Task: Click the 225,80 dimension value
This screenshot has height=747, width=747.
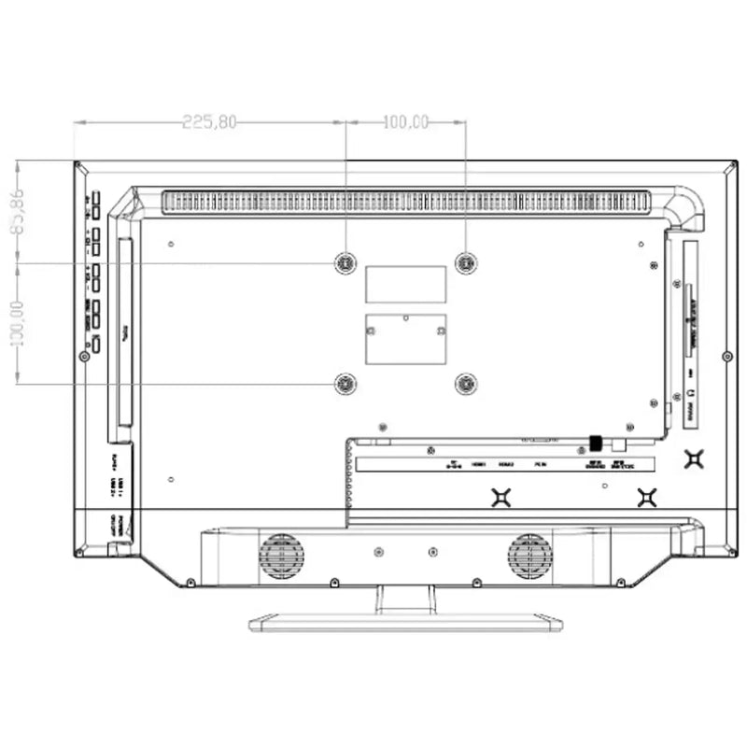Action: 210,121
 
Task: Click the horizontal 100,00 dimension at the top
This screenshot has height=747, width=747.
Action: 406,121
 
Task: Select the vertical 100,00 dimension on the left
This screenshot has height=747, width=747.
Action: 17,322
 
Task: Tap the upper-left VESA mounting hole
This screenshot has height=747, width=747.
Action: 345,264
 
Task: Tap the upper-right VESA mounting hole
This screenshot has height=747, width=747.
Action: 465,264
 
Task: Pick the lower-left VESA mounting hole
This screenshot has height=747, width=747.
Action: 345,382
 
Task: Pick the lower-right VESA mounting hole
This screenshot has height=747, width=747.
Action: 465,382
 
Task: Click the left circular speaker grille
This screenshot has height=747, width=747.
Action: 281,557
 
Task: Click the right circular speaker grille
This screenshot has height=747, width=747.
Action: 529,557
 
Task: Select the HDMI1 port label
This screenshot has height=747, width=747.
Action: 480,463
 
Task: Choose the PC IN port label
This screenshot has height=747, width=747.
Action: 539,463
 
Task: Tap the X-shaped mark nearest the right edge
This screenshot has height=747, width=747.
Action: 694,458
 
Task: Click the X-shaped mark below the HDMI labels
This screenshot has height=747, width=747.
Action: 502,498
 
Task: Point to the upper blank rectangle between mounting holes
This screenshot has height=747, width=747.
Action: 405,284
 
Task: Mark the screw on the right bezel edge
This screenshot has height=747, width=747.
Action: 727,356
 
